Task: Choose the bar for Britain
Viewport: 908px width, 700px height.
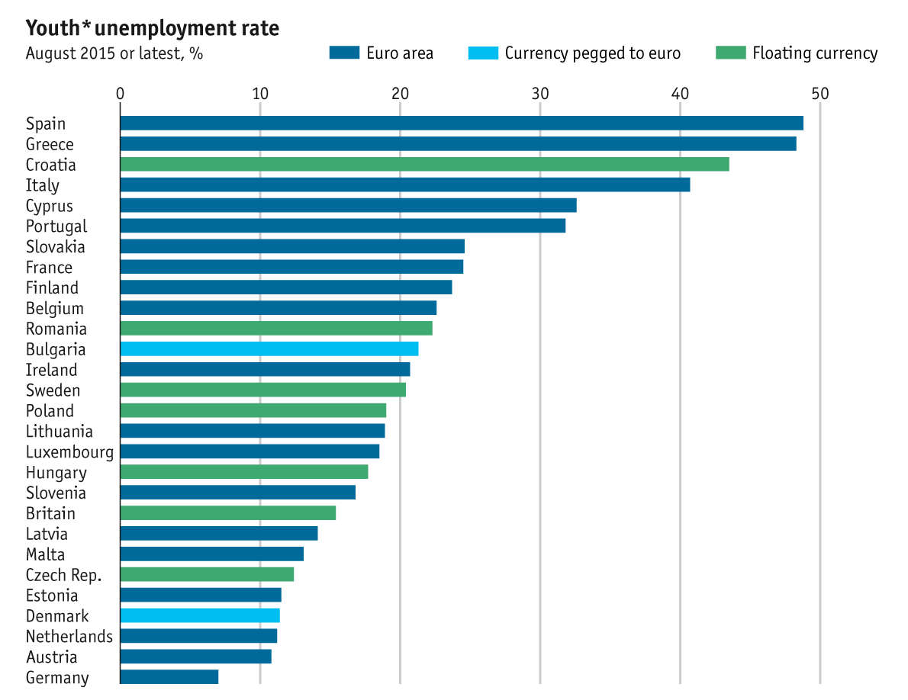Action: point(228,513)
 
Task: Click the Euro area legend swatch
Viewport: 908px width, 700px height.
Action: point(344,53)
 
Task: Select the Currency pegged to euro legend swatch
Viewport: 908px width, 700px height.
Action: point(482,53)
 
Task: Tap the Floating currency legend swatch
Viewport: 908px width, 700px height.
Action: point(730,53)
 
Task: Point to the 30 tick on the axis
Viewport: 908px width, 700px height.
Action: point(540,94)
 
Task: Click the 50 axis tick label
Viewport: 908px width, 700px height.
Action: point(819,94)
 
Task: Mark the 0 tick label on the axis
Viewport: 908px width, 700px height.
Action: point(121,94)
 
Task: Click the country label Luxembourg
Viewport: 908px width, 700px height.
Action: point(69,452)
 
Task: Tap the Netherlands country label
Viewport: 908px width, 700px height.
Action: point(69,637)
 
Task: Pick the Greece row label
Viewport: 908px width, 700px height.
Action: point(50,145)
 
